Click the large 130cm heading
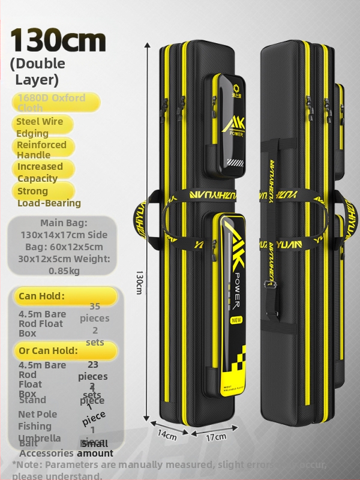(x=58, y=40)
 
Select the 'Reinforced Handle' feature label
(x=41, y=149)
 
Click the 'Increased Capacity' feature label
(x=40, y=172)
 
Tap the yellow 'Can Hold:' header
(x=41, y=296)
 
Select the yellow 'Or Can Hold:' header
(x=48, y=350)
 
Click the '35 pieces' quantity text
(x=95, y=312)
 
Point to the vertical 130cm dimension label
(x=139, y=282)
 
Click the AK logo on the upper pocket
(x=233, y=122)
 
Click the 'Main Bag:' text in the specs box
(x=64, y=223)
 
